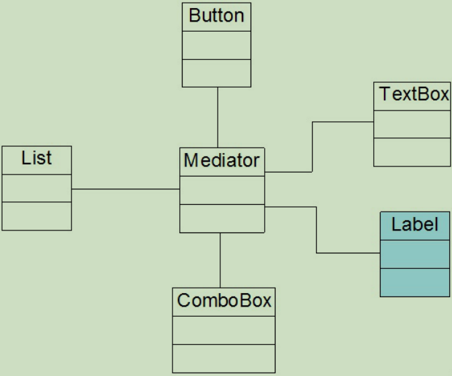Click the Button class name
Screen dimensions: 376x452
216,16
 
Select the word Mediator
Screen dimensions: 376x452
222,160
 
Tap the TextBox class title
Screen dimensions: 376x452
414,94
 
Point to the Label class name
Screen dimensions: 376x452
414,224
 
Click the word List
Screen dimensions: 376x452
36,158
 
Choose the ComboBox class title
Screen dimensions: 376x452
224,300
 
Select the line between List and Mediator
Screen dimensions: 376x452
125,189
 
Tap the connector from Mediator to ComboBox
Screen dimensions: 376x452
220,261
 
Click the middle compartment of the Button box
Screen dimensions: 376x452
216,46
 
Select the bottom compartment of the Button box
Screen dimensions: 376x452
216,73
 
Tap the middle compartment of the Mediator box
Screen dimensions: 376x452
222,190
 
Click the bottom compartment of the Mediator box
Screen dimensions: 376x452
222,218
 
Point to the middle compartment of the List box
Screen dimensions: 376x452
36,188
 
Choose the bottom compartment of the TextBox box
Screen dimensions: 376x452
412,152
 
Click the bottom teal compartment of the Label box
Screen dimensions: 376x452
414,282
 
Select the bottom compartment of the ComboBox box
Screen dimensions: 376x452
224,358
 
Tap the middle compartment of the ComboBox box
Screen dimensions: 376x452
224,330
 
